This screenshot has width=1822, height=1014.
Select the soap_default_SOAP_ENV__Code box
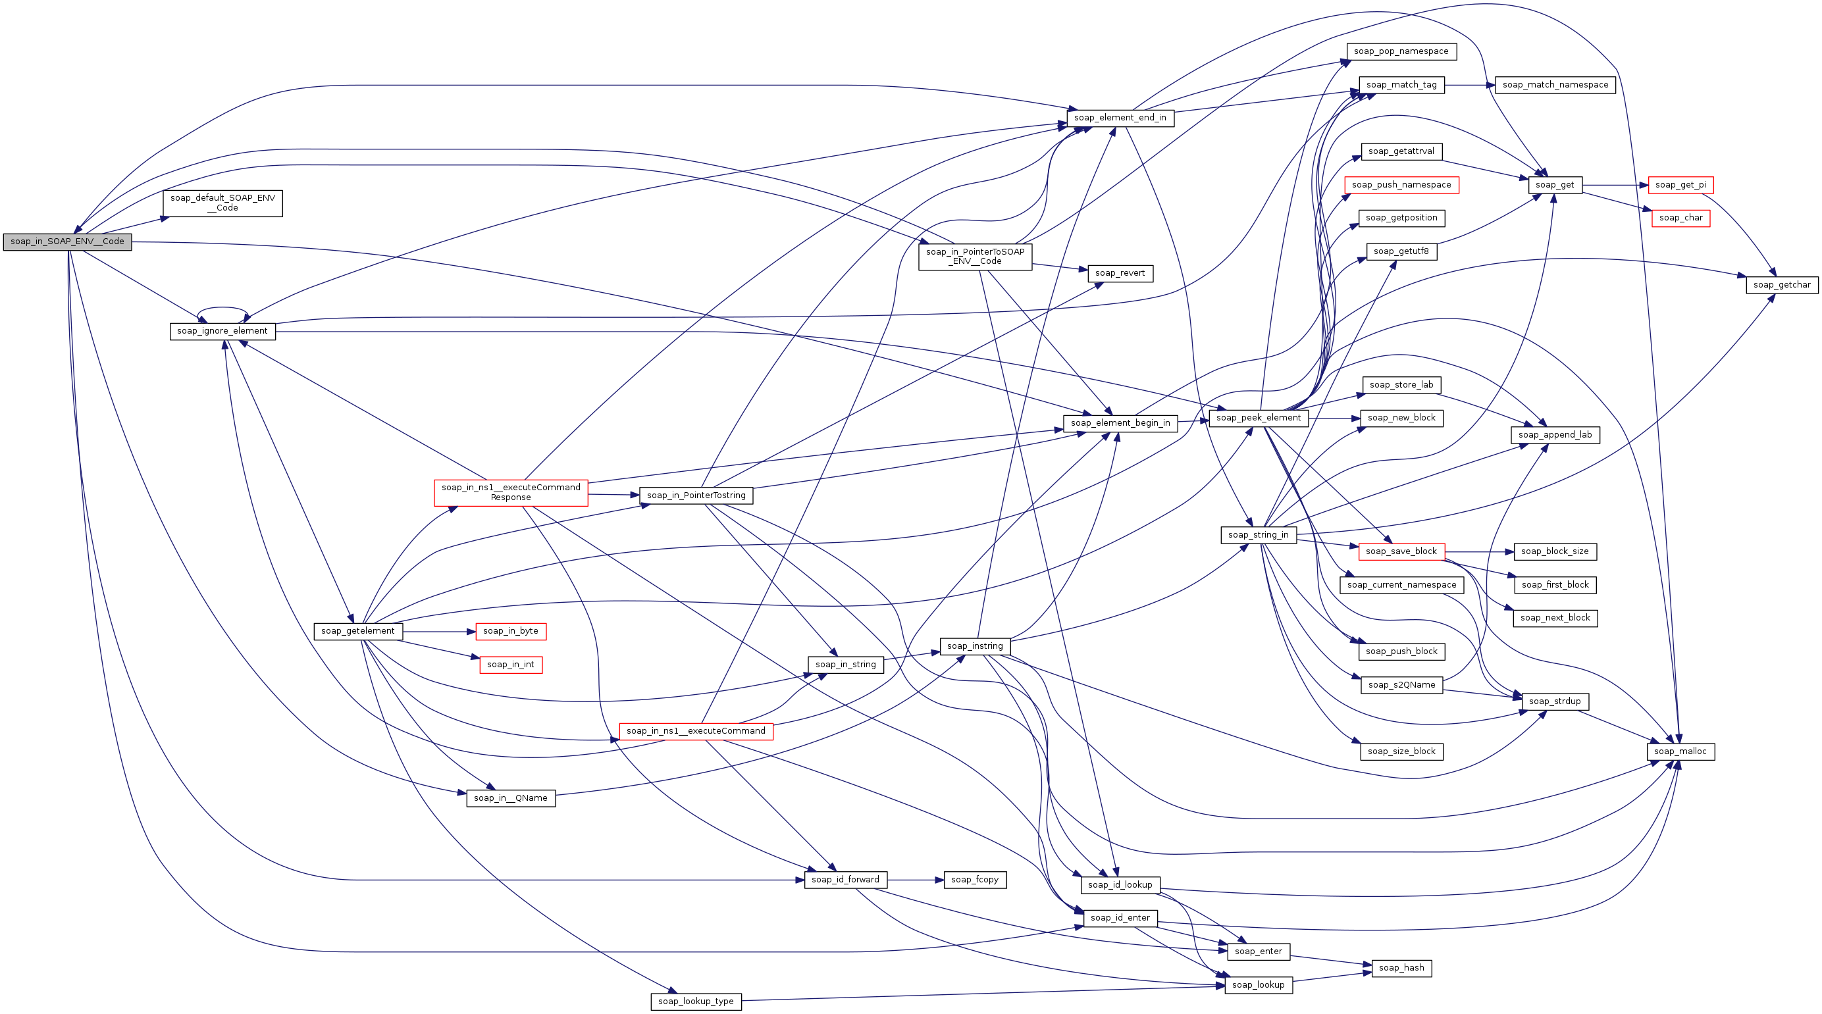pos(222,203)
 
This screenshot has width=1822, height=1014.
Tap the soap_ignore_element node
pos(222,331)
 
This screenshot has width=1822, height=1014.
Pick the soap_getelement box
pos(358,632)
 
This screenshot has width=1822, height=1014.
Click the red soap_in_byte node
pos(511,632)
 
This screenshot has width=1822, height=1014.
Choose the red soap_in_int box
pos(511,665)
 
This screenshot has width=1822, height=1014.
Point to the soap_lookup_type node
pos(696,1001)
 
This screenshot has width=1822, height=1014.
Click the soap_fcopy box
pos(975,880)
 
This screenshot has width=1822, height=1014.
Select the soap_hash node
pos(1401,968)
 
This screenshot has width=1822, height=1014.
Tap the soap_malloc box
pos(1680,751)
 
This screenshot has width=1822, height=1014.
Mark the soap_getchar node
pos(1782,285)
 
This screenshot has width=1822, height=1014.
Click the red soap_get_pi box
pos(1680,186)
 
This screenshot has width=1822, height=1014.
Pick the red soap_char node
pos(1680,218)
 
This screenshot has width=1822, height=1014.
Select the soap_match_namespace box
pos(1555,85)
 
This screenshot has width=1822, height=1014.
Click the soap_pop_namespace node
pos(1401,51)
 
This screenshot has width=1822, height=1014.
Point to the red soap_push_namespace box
pos(1401,186)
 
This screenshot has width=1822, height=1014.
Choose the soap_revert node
pos(1120,273)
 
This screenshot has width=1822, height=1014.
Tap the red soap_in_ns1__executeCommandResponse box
pos(511,492)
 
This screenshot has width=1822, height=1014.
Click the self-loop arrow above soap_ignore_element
pos(222,309)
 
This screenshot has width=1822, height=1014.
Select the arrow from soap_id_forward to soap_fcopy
pos(916,880)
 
